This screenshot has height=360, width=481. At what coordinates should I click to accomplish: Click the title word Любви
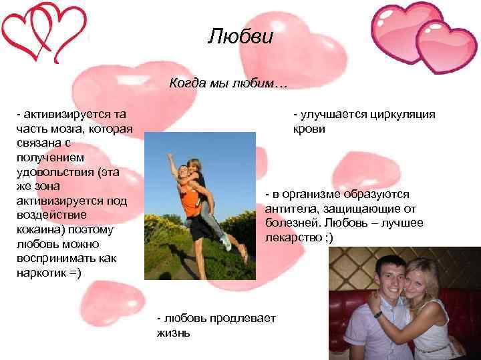tap(240, 35)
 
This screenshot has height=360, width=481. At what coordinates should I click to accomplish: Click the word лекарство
tap(294, 237)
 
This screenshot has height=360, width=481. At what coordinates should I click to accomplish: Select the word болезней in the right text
tap(291, 223)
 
